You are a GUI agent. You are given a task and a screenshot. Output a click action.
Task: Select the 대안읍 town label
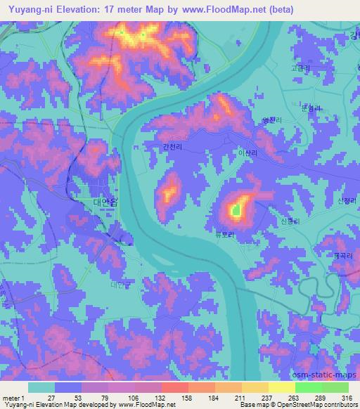pos(105,201)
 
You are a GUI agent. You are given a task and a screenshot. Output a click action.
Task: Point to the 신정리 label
pos(347,201)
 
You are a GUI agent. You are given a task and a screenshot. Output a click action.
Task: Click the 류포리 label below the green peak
pos(224,237)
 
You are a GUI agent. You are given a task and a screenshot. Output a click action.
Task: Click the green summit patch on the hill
pos(236,209)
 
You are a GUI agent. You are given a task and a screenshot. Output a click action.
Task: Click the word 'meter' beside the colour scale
pos(11,398)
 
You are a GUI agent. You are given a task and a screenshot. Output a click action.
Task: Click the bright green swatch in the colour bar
pos(307,387)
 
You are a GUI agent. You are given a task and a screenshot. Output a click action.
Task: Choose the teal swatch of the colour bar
pos(41,387)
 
